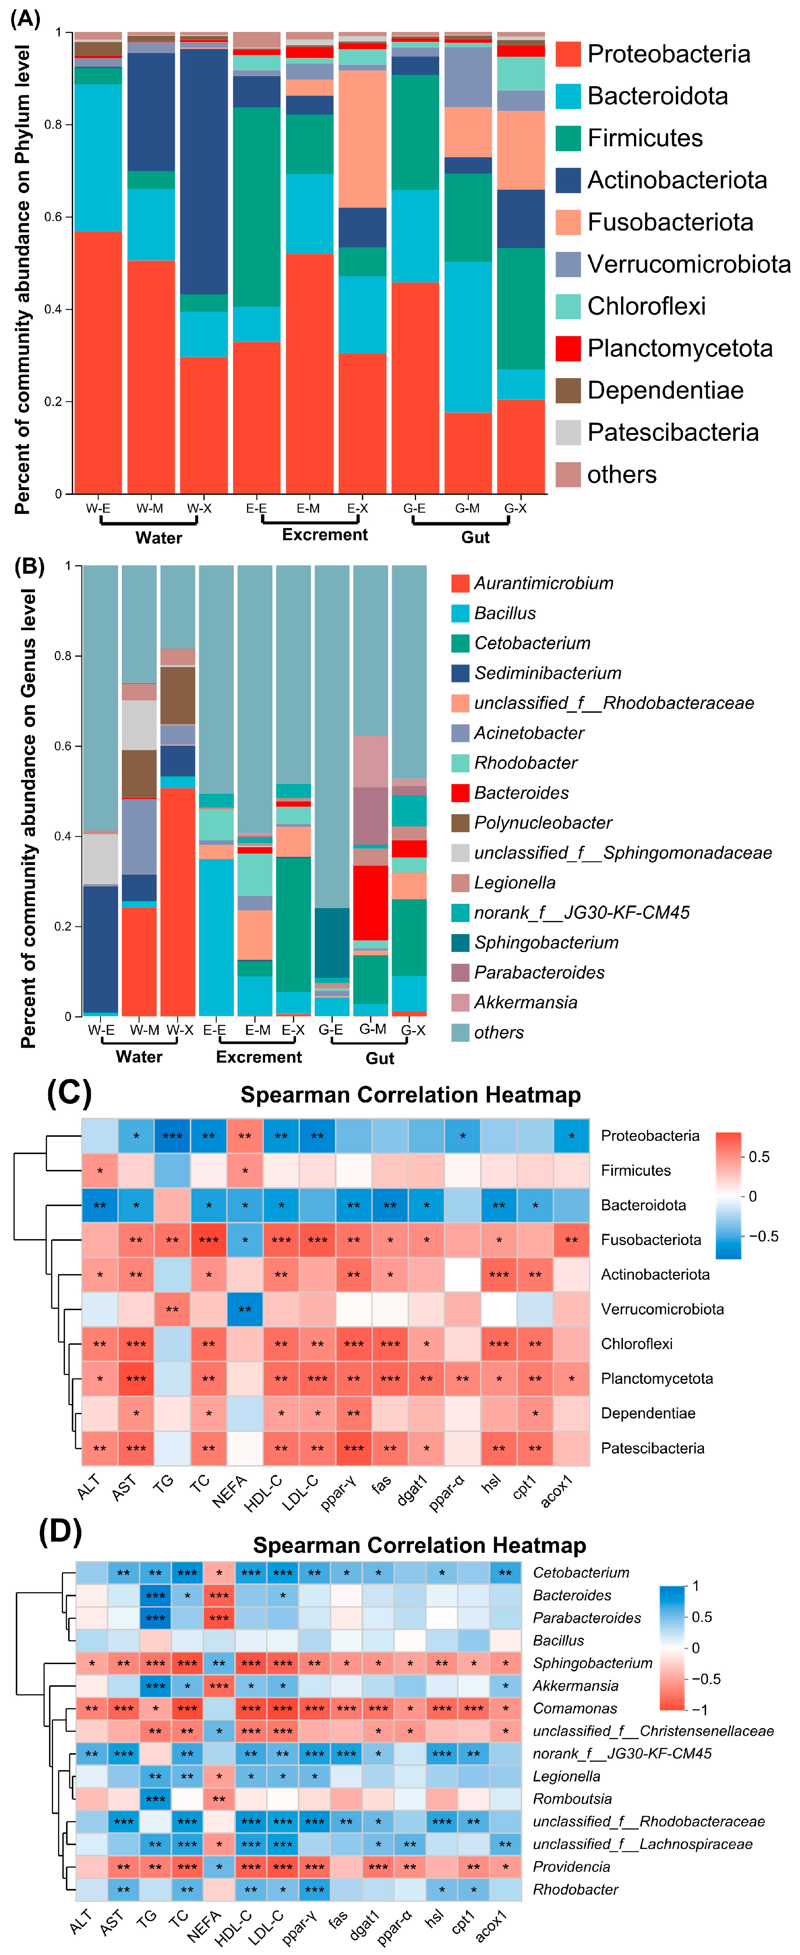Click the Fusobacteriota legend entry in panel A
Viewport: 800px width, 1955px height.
[x=669, y=222]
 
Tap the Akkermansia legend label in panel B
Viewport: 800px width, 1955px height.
[x=525, y=1003]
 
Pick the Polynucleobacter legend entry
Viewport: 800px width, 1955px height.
[x=543, y=823]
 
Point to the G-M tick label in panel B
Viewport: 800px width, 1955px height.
[x=373, y=1029]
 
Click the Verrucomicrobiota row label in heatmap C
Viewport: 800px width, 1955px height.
[x=662, y=1309]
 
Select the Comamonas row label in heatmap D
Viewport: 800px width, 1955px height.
[x=575, y=1708]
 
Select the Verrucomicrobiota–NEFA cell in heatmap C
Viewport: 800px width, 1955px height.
[x=244, y=1309]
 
